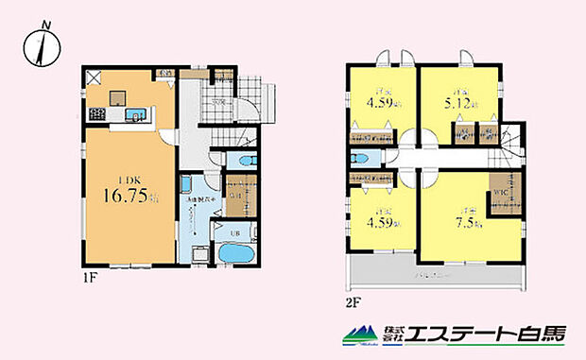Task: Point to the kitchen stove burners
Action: coord(97,115)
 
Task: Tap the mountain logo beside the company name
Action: coord(359,334)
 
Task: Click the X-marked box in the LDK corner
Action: coord(95,78)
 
